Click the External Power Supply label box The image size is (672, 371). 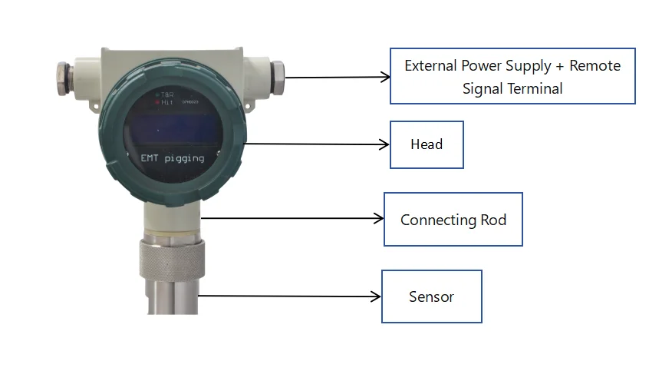pos(512,76)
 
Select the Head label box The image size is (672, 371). pos(427,144)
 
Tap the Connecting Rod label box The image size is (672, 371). pos(453,220)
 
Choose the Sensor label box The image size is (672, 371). pos(431,296)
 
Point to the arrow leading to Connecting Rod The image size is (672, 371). pos(292,219)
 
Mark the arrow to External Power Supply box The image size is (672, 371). pos(338,77)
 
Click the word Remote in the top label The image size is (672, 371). pos(595,65)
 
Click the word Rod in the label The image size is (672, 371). pos(494,220)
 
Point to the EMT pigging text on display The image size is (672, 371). pos(172,158)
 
